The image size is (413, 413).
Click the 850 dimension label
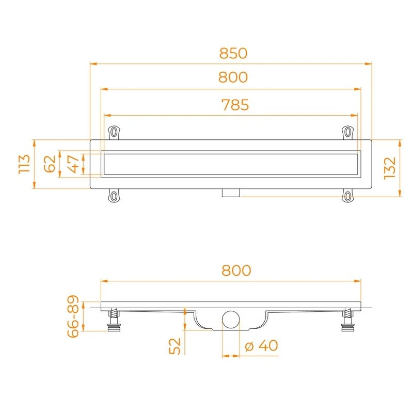233,53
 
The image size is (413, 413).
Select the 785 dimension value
235,105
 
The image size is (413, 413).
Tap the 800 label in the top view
233,77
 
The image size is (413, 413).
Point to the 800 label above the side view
236,271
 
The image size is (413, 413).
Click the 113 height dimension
24,164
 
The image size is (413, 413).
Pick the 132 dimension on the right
390,168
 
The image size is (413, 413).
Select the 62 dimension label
50,164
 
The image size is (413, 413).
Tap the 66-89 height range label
73,316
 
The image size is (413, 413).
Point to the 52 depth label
174,346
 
